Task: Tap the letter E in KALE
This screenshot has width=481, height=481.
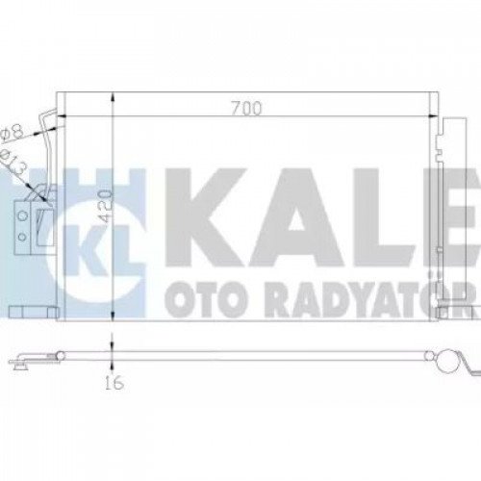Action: coord(439,212)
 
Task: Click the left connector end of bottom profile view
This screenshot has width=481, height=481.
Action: coord(21,364)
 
